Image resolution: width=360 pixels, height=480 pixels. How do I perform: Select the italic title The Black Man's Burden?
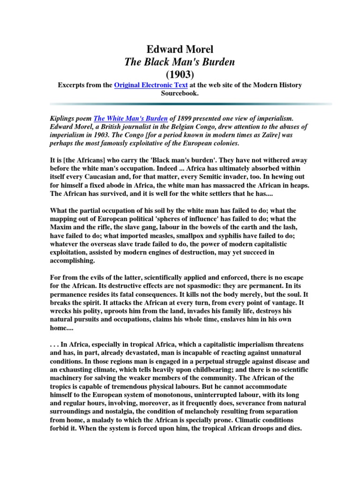(x=180, y=62)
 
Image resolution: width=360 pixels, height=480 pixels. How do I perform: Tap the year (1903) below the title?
(x=180, y=74)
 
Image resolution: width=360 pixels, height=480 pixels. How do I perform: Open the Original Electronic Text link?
(x=151, y=85)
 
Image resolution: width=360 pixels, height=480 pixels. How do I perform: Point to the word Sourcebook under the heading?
(x=180, y=93)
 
